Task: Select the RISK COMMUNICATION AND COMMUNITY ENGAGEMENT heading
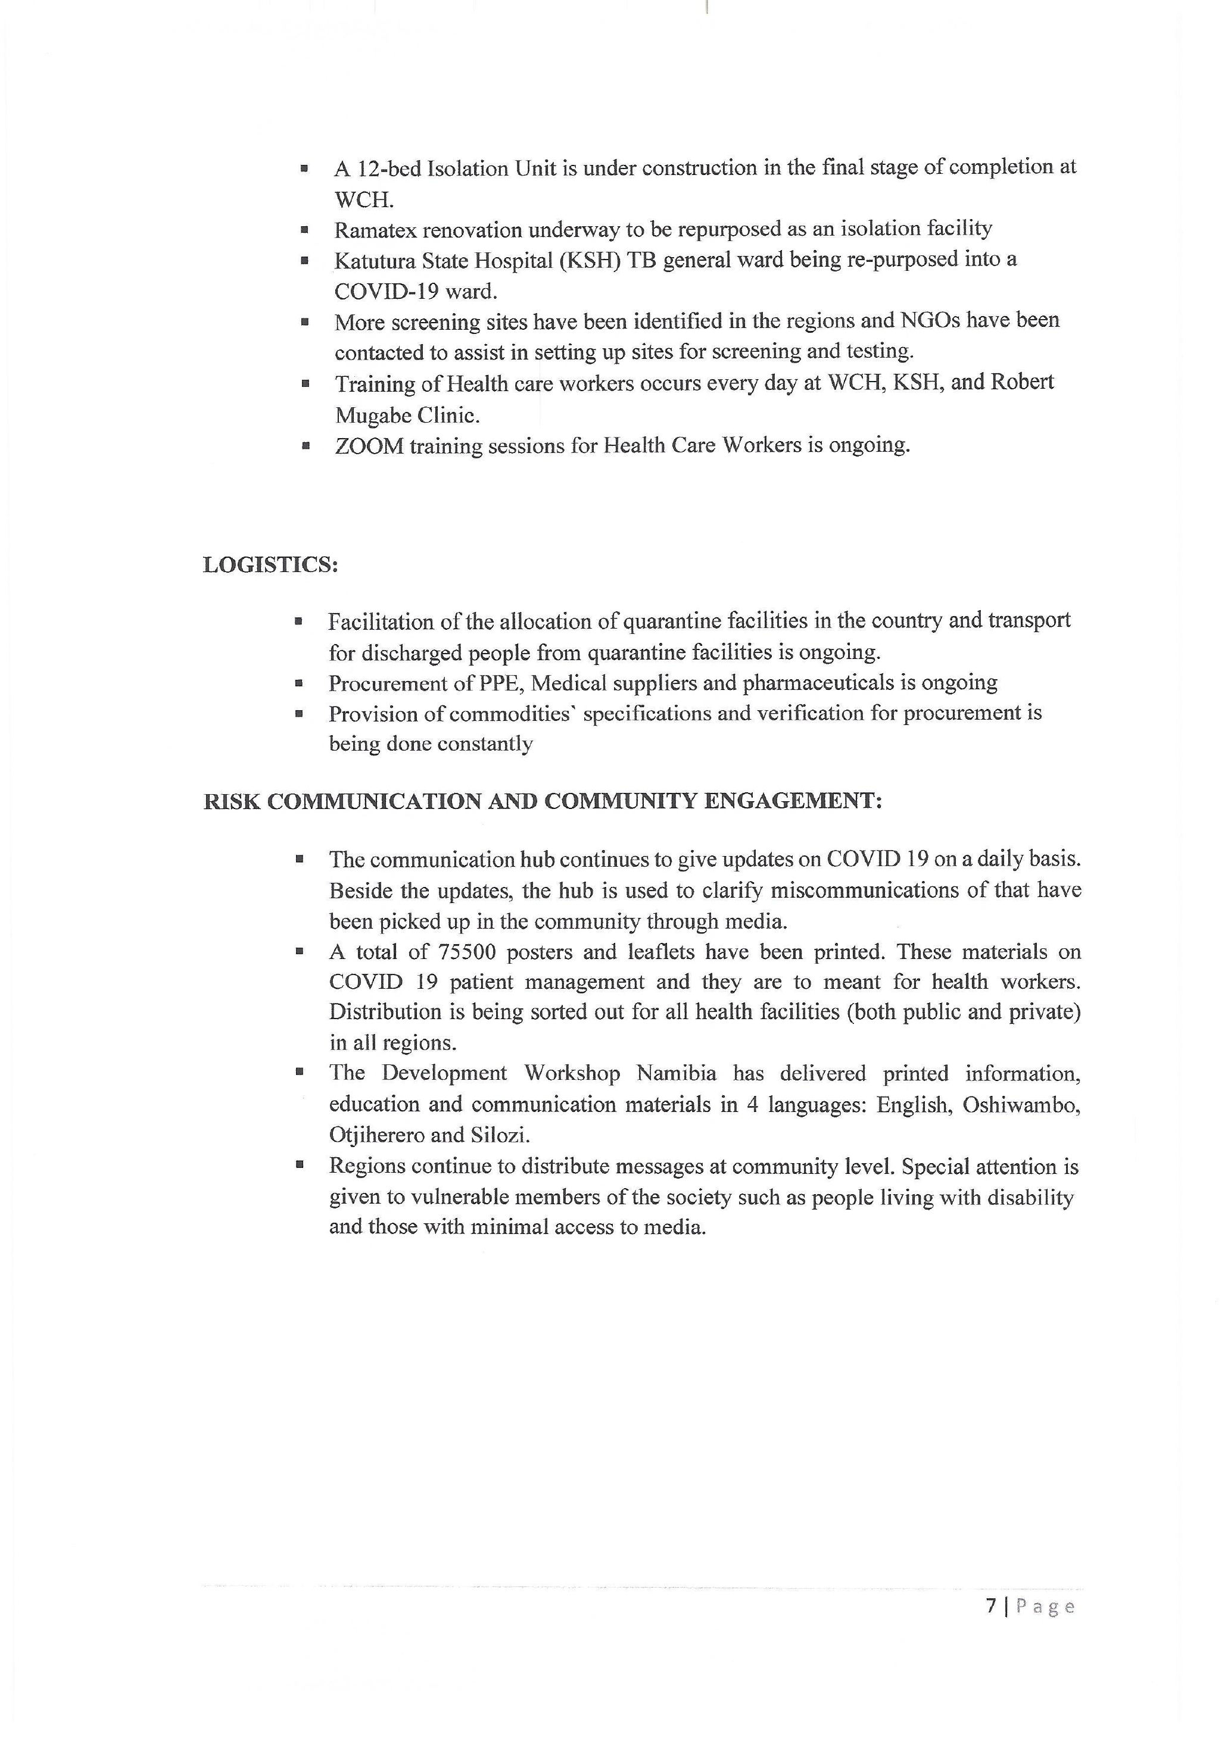(x=543, y=801)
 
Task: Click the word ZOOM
(x=369, y=446)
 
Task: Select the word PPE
(x=500, y=683)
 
